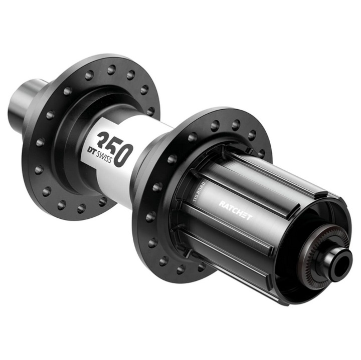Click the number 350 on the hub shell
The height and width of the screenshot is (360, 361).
tap(114, 145)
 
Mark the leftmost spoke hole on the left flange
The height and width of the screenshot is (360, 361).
tap(40, 142)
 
